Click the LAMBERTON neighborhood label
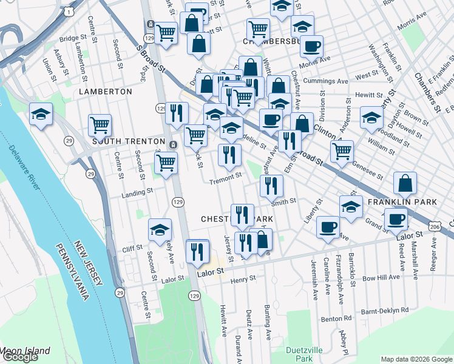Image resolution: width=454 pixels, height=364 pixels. (105, 91)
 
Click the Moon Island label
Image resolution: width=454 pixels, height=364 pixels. (25, 351)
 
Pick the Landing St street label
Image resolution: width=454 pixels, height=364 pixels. (137, 192)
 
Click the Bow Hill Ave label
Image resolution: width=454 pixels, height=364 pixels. (381, 277)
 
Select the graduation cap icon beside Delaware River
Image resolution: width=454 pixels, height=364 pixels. (41, 114)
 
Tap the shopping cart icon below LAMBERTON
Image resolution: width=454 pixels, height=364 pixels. (100, 125)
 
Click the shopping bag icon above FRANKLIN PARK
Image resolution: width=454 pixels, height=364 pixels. (405, 183)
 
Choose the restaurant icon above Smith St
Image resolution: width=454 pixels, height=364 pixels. (271, 184)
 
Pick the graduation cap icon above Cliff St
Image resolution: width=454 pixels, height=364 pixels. (160, 229)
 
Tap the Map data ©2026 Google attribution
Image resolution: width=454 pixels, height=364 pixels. (416, 359)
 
